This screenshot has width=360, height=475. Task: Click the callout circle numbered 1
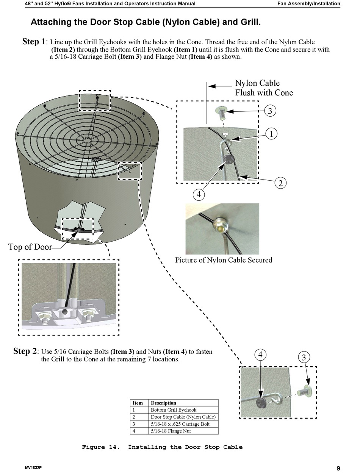click(271, 134)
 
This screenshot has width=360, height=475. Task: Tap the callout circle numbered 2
click(280, 183)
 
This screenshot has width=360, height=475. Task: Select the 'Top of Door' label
click(30, 247)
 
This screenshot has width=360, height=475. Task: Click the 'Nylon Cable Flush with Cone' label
click(264, 88)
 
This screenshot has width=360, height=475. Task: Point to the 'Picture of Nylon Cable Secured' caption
click(224, 260)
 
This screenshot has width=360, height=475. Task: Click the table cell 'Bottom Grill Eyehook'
click(174, 410)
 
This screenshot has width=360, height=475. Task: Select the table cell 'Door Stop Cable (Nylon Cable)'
click(183, 417)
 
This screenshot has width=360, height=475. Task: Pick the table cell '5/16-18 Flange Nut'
click(171, 431)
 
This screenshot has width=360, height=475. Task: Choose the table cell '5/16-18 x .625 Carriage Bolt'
click(180, 424)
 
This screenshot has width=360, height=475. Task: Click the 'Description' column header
click(163, 403)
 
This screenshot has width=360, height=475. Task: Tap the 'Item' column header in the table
click(138, 403)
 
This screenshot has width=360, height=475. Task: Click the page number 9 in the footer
click(338, 469)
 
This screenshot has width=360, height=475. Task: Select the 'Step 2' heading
click(25, 351)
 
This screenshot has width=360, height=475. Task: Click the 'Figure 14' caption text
click(162, 447)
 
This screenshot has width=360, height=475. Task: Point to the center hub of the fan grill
click(87, 140)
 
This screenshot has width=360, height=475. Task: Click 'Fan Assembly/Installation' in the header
click(308, 3)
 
